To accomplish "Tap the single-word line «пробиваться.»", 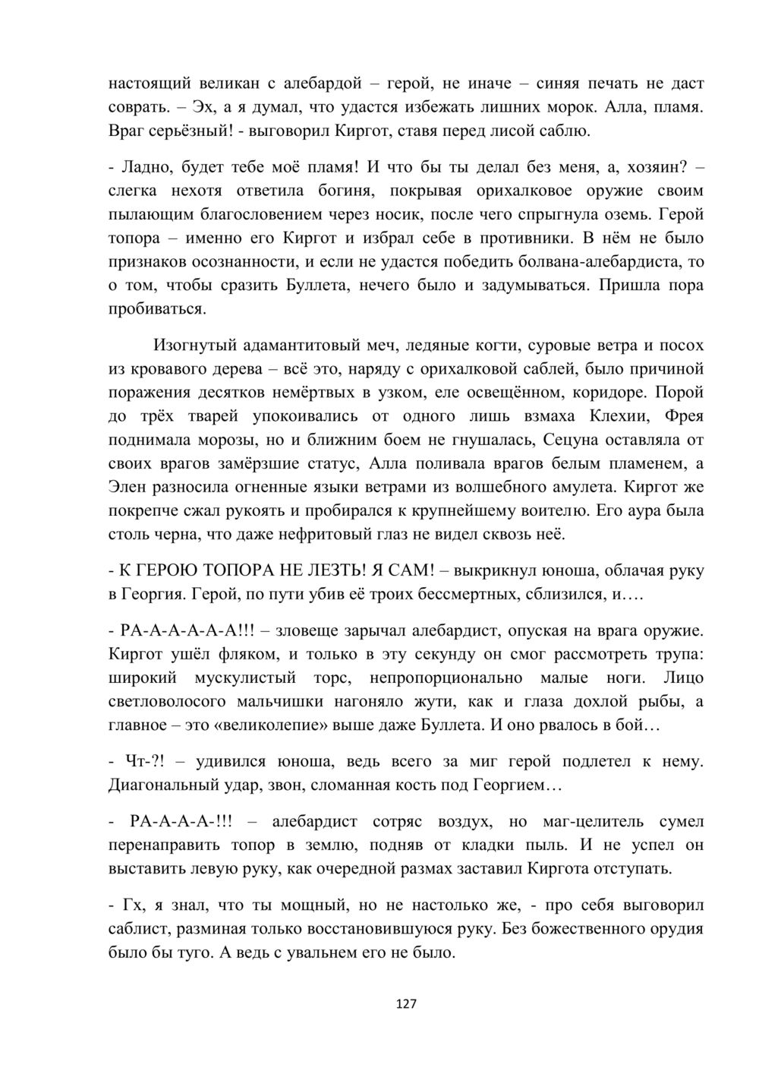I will (157, 309).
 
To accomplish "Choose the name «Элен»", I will (130, 488).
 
